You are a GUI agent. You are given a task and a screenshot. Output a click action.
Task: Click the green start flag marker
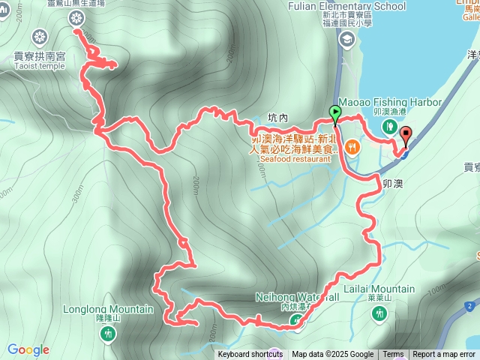pos(334,114)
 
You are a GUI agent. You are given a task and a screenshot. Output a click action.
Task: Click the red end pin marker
pos(406,136)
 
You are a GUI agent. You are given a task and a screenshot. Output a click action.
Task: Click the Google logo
pos(28,349)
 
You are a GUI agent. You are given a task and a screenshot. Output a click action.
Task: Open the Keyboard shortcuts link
pos(250,355)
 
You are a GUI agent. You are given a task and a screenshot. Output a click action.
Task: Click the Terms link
pos(393,355)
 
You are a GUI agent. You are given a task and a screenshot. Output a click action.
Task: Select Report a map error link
pos(444,355)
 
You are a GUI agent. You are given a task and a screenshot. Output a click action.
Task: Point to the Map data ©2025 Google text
pos(332,355)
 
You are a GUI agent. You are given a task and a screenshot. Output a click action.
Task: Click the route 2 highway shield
pos(469,306)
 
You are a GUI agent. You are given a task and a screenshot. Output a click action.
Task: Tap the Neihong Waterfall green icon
pos(298,322)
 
